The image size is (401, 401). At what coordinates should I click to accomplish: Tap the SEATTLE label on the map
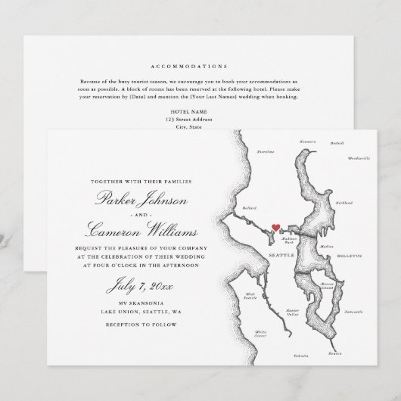(x=281, y=256)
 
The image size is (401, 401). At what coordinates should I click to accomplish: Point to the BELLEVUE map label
(x=351, y=256)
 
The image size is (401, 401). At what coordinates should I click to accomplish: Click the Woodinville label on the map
(x=359, y=159)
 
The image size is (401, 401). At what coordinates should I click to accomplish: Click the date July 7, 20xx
(x=128, y=286)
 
